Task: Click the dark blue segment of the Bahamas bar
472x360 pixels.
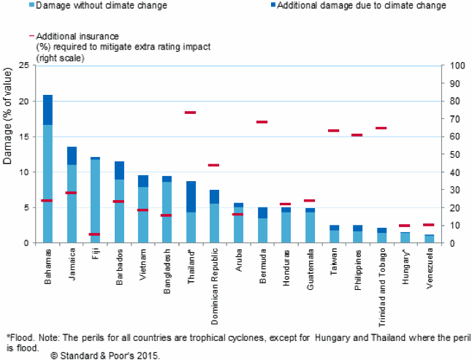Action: (47, 110)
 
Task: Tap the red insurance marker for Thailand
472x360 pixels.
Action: (190, 112)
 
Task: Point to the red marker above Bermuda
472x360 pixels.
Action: (262, 122)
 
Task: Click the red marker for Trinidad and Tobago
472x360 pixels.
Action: (381, 128)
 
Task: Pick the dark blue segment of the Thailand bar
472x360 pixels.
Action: (190, 196)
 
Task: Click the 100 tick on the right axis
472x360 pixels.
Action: (457, 66)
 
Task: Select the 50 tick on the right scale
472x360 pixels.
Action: (454, 155)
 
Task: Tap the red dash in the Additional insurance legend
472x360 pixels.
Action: (31, 34)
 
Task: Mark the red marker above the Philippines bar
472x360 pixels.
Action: (357, 135)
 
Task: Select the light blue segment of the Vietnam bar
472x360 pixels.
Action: (142, 215)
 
